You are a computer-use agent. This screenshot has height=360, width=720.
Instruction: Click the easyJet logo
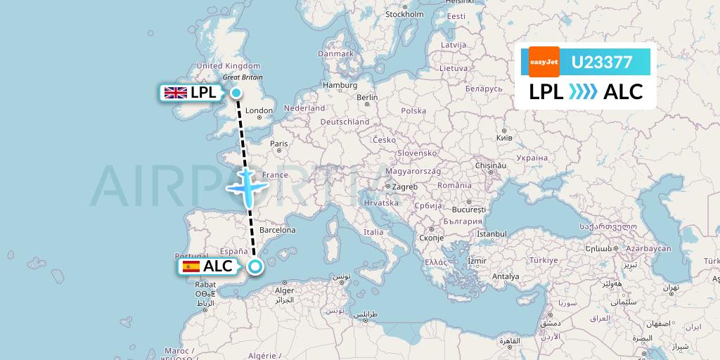point(544,62)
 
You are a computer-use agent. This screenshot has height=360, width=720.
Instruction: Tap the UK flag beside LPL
point(175,92)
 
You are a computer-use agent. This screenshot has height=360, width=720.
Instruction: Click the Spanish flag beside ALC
point(191,266)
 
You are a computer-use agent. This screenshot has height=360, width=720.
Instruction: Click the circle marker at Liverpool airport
point(236,93)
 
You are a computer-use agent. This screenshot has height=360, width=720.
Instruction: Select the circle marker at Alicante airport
point(255,266)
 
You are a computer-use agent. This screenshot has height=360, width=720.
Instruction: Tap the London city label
point(259,110)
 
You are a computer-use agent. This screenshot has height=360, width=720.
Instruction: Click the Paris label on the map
point(279,143)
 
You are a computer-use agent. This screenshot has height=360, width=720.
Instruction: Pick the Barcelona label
point(277,230)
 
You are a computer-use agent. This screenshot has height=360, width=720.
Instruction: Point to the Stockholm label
point(404,14)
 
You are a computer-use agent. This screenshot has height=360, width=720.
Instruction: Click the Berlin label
point(367,98)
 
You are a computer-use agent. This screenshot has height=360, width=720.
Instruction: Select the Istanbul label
point(491,233)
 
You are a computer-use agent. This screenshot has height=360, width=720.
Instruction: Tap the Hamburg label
point(340,85)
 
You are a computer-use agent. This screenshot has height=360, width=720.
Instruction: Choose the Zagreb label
point(405,186)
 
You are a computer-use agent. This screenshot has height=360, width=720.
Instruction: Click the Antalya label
point(505,276)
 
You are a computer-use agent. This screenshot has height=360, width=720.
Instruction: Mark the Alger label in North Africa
point(284,290)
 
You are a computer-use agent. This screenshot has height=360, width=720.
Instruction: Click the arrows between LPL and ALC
point(583,91)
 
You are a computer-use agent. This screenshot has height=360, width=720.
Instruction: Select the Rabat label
point(205,284)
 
